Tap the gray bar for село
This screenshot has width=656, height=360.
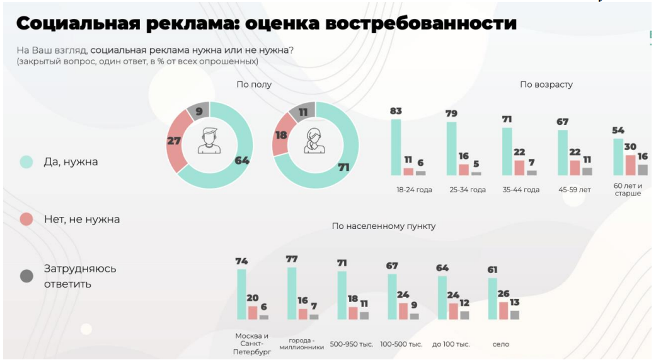(514, 315)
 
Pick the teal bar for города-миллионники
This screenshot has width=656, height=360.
(292, 293)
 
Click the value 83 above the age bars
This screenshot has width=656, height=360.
(396, 112)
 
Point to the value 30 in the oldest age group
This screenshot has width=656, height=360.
(630, 147)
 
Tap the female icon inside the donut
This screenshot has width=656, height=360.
(314, 141)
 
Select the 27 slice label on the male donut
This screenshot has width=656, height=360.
(174, 141)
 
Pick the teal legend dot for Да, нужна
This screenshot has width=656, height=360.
(26, 162)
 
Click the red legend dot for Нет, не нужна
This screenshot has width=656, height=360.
(26, 219)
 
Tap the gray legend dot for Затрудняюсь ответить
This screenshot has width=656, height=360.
(26, 276)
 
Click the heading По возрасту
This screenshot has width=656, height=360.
(546, 84)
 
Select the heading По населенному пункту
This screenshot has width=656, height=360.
(383, 226)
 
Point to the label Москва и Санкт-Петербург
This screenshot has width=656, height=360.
(252, 344)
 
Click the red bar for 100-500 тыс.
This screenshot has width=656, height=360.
(403, 311)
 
